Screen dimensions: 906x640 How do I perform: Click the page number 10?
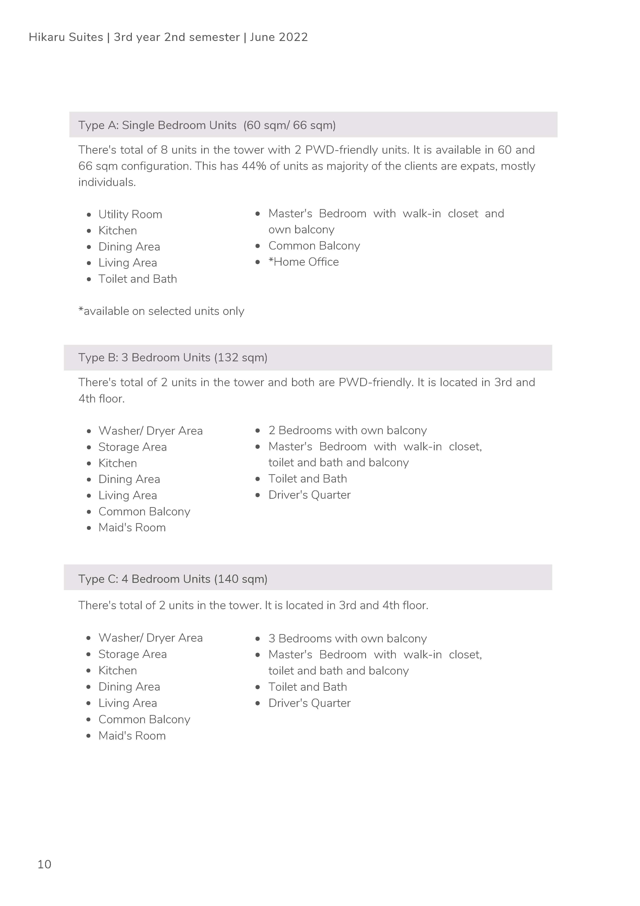pyautogui.click(x=44, y=864)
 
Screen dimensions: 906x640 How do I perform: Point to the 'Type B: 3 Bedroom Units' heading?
pyautogui.click(x=144, y=358)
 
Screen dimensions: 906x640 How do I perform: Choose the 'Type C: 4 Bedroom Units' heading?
pyautogui.click(x=144, y=579)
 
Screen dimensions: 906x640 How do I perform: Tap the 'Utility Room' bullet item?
pyautogui.click(x=130, y=214)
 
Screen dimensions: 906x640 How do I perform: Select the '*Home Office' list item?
pyautogui.click(x=303, y=262)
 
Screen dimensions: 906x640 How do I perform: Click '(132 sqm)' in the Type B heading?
pyautogui.click(x=241, y=358)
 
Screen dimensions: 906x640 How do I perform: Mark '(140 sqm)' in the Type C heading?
pyautogui.click(x=241, y=579)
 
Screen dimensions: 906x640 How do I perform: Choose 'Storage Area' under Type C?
pyautogui.click(x=133, y=654)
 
